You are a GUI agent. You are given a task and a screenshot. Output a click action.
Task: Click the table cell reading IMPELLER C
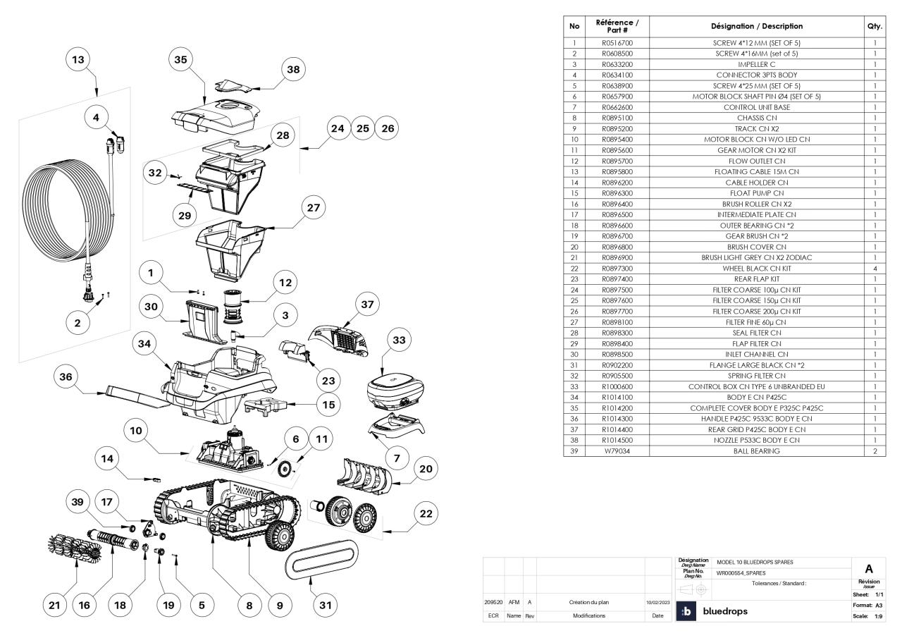point(757,64)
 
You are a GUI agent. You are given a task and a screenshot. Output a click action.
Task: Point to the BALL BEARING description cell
point(757,450)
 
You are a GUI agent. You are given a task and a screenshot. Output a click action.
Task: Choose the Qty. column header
point(875,26)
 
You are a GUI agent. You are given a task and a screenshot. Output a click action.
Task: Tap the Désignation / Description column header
point(757,26)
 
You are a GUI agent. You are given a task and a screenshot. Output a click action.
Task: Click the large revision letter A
point(869,568)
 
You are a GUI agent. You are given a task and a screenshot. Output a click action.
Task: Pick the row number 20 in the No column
point(574,247)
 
